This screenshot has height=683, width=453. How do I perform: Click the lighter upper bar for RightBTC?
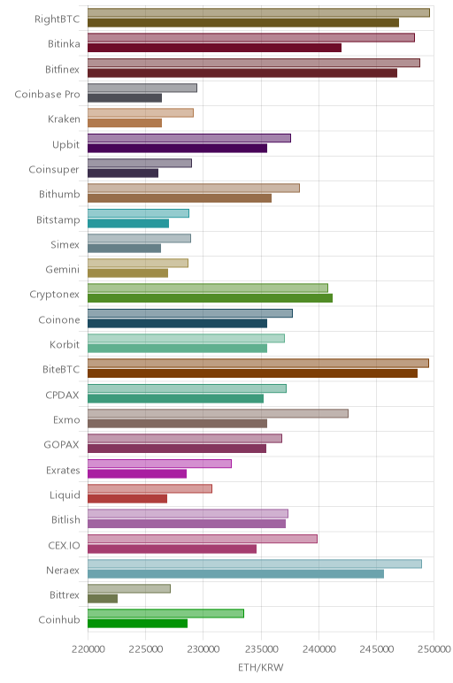258,12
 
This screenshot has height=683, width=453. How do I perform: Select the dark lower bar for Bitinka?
214,48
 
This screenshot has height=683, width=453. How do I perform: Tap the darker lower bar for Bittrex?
103,599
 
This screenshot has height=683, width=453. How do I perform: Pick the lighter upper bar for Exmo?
218,413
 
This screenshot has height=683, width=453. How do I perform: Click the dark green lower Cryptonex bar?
210,298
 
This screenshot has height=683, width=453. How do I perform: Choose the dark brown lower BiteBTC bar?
253,373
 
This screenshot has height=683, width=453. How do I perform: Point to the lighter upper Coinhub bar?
165,613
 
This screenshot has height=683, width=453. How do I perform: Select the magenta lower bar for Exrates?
137,473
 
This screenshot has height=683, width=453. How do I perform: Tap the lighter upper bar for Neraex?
255,564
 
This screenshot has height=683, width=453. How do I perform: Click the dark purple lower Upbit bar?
177,148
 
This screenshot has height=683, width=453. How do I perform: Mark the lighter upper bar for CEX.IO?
203,539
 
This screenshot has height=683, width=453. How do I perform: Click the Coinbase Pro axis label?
47,95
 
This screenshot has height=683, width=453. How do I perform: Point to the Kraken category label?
64,119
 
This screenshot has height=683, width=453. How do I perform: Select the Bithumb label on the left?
59,195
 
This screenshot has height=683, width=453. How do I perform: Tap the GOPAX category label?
61,445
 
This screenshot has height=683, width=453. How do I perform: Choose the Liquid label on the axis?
65,495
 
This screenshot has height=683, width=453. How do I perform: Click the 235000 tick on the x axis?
261,649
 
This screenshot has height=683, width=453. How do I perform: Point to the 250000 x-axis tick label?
434,649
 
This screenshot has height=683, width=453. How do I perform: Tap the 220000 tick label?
88,649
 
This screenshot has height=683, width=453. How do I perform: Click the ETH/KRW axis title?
260,667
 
